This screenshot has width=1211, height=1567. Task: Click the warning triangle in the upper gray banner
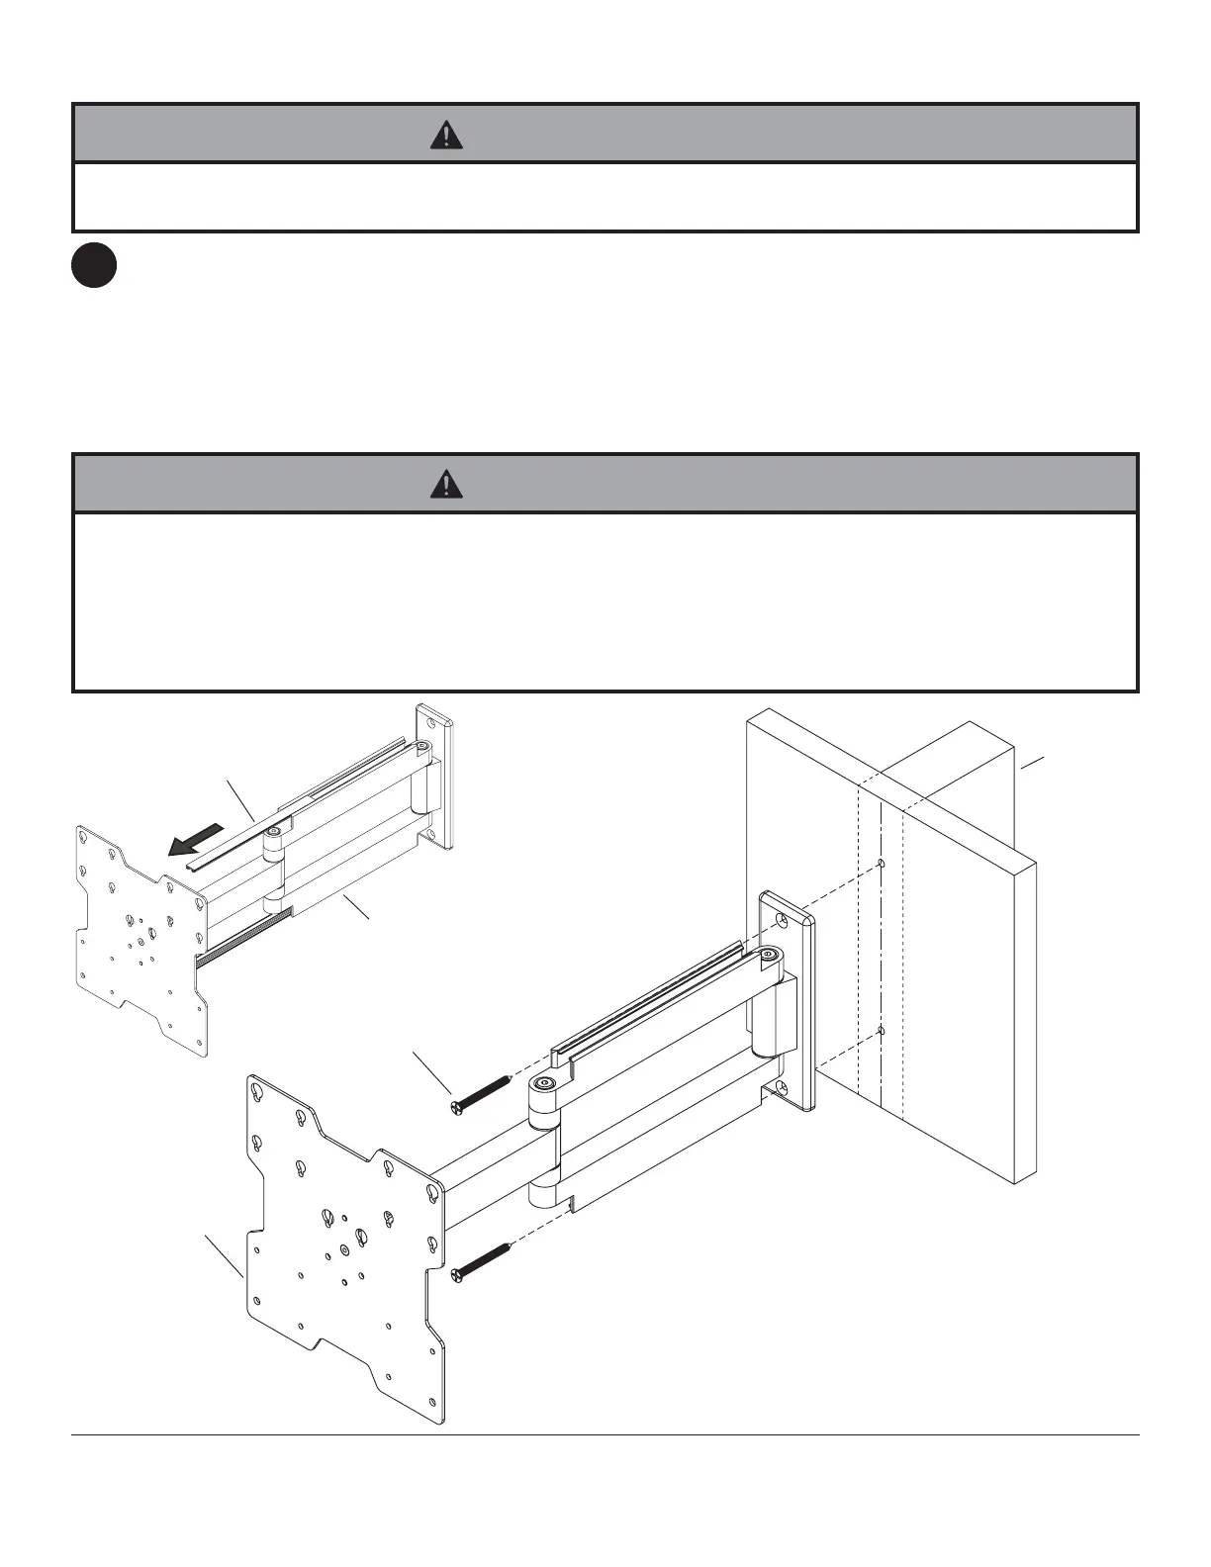click(447, 135)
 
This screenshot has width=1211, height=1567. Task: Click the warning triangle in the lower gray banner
click(447, 484)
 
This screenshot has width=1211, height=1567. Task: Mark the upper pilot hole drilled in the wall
click(880, 864)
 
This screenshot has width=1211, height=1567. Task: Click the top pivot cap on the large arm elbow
click(541, 1085)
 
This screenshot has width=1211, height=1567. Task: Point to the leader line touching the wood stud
click(1032, 762)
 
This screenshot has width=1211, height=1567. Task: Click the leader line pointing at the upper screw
click(431, 1073)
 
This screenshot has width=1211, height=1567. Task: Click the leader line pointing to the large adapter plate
click(224, 1254)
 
